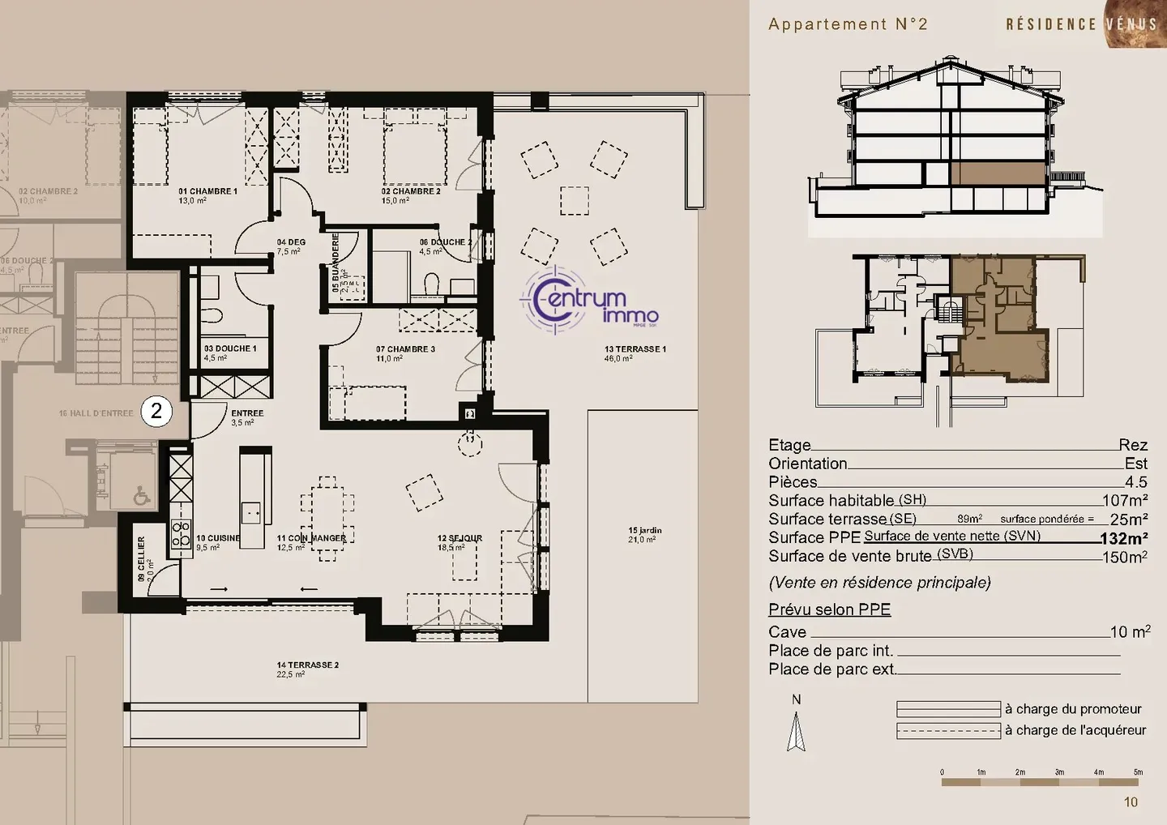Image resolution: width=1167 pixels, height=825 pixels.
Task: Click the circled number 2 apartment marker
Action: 156,411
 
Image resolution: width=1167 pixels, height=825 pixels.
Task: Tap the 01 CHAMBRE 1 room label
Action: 207,195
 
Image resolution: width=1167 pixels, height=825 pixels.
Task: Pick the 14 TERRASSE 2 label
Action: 307,669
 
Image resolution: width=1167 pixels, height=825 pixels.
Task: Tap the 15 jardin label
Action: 644,534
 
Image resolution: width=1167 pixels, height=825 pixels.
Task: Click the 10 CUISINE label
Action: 218,541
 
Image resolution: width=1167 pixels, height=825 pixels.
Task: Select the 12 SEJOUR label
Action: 460,542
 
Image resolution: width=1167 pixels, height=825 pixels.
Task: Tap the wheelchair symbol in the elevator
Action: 142,494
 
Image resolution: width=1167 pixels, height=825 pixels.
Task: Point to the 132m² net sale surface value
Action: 1123,539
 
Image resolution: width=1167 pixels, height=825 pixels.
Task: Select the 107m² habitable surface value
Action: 1125,501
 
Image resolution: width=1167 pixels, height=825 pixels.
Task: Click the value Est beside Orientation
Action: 1135,464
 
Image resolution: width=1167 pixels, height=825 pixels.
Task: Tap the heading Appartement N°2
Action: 848,24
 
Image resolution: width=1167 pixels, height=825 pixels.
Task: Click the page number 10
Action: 1131,802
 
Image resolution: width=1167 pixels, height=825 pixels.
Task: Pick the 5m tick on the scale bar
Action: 1137,772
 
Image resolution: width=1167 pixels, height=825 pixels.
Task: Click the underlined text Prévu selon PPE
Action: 829,609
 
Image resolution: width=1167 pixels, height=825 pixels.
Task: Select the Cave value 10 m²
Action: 1130,631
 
